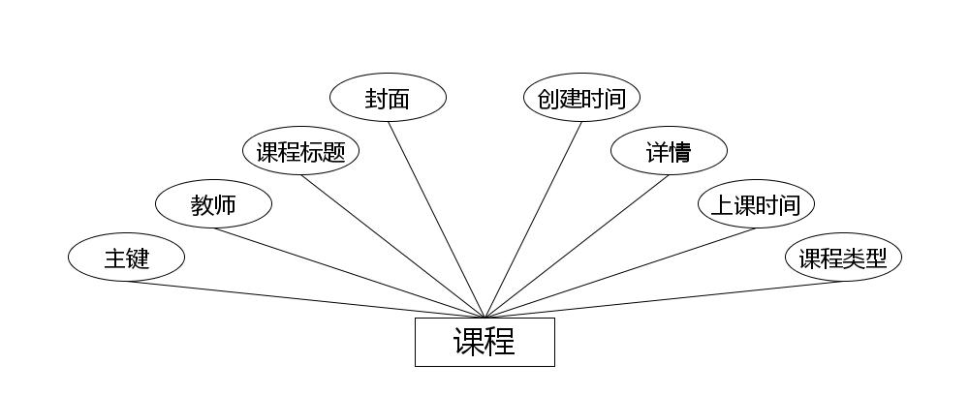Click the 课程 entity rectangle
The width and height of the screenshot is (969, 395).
tap(484, 342)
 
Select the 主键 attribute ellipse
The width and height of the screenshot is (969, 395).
tap(126, 258)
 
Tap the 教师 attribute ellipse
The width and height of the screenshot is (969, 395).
tap(213, 204)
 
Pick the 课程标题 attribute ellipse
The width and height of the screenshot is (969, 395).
tap(300, 151)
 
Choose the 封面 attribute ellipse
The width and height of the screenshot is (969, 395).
tap(388, 98)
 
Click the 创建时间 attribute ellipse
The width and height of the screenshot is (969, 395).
tap(581, 98)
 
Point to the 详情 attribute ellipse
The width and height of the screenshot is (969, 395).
tap(669, 151)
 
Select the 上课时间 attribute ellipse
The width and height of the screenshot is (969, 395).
tap(756, 204)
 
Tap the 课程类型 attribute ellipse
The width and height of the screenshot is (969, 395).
tap(843, 258)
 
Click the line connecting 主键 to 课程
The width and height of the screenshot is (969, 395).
tap(305, 299)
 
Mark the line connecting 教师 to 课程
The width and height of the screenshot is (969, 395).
tap(349, 272)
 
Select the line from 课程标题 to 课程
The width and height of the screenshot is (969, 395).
tap(392, 246)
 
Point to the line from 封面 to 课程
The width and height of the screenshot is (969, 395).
tap(436, 219)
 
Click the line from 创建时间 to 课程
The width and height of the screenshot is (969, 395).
tap(533, 219)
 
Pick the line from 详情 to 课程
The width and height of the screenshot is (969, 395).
tap(577, 246)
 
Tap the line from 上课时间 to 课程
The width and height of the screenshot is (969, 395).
tap(620, 272)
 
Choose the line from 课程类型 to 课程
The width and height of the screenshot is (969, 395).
tap(664, 299)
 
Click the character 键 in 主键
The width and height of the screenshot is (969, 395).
tap(138, 258)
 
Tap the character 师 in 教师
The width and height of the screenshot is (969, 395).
tap(225, 205)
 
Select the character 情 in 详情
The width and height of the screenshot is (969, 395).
tap(680, 152)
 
